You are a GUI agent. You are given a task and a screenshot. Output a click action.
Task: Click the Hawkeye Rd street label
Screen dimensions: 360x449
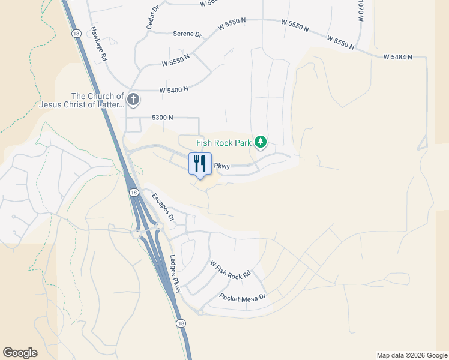point(98,44)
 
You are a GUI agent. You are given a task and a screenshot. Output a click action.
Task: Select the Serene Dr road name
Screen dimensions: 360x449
point(187,34)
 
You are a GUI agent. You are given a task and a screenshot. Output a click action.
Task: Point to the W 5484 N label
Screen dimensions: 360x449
point(398,57)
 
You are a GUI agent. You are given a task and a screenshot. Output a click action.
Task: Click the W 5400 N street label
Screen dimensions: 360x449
point(174,89)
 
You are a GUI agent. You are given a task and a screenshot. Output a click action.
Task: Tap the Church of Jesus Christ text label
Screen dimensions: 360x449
point(97,100)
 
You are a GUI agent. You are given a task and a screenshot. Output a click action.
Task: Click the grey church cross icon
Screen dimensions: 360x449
point(133,99)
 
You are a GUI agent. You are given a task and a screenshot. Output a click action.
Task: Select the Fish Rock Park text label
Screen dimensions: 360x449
point(224,143)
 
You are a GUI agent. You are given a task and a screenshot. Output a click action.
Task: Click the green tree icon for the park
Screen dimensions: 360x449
point(261,142)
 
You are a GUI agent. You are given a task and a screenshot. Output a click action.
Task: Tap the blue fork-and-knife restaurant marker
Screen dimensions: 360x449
point(200,163)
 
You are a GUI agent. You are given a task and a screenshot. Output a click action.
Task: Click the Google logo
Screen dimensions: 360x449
point(20,353)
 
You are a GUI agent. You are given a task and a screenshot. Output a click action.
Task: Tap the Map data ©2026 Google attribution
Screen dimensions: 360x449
point(412,355)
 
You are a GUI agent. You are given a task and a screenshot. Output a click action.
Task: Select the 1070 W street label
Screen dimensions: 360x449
point(361,11)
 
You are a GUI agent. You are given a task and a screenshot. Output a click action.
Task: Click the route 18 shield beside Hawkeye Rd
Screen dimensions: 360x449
point(75,34)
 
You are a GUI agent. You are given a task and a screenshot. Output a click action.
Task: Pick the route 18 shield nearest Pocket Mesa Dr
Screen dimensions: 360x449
point(181,323)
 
